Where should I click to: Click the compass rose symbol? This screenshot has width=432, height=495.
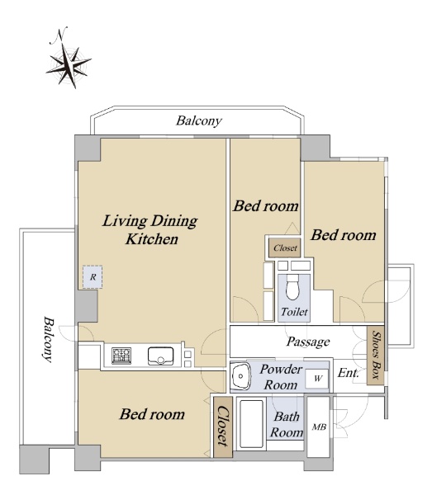click(x=69, y=65)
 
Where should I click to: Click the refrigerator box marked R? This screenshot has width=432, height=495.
click(x=93, y=277)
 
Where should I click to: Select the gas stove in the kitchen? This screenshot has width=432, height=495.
click(x=121, y=356)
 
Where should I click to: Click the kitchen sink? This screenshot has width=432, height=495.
click(x=160, y=356)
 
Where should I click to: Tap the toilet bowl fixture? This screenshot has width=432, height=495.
click(x=292, y=286)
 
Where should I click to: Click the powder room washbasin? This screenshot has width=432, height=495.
click(x=240, y=376)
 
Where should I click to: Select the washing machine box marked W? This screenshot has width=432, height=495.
click(x=317, y=378)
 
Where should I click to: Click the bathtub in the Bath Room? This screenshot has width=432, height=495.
click(x=251, y=424)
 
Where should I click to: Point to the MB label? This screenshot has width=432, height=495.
click(x=319, y=427)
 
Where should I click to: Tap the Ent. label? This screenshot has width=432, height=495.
click(x=349, y=373)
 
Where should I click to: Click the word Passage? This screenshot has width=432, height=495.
click(x=308, y=342)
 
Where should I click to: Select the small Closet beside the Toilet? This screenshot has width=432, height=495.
click(x=285, y=247)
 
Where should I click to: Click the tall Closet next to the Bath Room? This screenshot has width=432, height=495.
click(x=223, y=427)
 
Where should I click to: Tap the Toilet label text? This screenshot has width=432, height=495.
click(x=294, y=312)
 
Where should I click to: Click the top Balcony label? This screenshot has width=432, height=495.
click(x=199, y=120)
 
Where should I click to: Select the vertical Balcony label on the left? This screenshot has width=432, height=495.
click(x=49, y=339)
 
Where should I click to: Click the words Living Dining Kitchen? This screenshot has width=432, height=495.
click(x=150, y=229)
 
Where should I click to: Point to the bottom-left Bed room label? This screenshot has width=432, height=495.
click(x=152, y=414)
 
